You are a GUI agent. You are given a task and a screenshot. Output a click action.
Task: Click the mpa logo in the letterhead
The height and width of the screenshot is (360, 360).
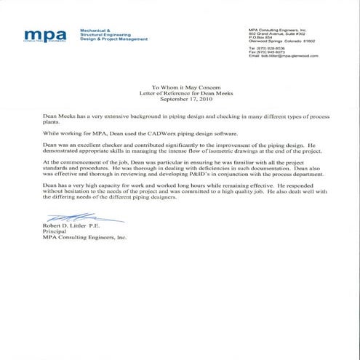click(44, 34)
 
